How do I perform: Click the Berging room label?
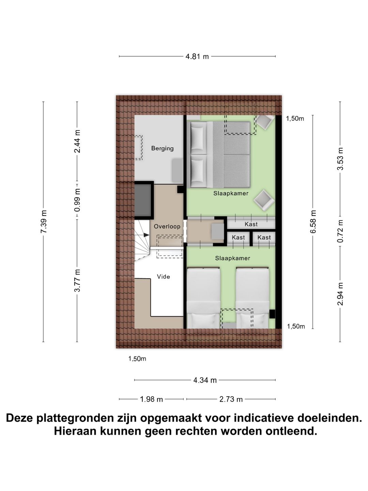pos(162,148)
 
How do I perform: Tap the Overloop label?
pos(167,226)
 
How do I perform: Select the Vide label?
pos(163,277)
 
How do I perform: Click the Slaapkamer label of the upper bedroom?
pos(231,193)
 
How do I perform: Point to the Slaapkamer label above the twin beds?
pos(232,258)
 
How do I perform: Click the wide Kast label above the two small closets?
pos(251,224)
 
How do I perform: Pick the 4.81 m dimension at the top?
pos(197,57)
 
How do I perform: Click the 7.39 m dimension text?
pos(44,222)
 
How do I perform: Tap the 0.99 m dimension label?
pos(77,200)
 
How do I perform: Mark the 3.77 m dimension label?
pos(77,280)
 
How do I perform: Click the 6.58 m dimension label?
pos(313,222)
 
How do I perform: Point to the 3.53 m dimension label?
pos(340,159)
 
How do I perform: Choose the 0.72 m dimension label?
pos(340,231)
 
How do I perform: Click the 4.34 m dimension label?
pos(205,380)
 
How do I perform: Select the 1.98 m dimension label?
pos(151,399)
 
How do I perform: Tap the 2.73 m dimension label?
pos(231,399)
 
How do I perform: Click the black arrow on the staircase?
pos(146,235)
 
